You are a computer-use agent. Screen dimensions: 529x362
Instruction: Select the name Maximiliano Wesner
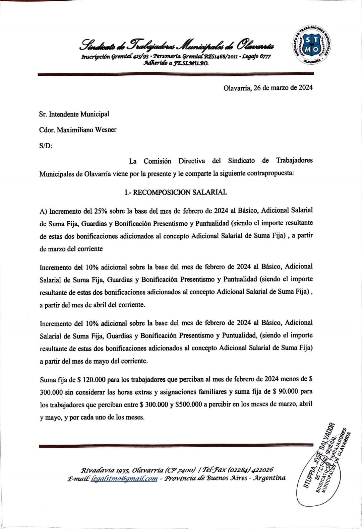(x=86, y=130)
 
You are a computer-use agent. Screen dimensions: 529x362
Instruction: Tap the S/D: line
(x=46, y=146)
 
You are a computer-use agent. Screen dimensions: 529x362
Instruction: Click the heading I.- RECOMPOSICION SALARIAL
(x=175, y=192)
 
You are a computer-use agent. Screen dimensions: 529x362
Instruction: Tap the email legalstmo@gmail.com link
(x=124, y=478)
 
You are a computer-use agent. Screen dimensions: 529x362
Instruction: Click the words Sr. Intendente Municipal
(x=74, y=114)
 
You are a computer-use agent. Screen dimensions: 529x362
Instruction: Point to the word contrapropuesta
(x=270, y=174)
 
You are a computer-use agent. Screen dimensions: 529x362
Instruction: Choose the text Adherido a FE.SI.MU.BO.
(x=176, y=63)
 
